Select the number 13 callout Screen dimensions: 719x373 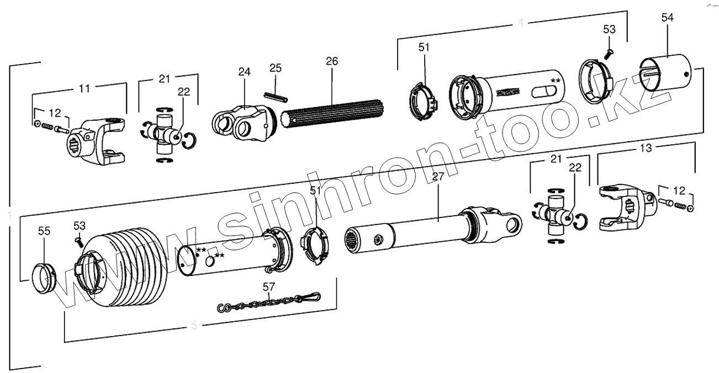pos(646,148)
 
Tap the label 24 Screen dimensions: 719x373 pos(244,72)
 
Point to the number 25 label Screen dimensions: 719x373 pos(276,68)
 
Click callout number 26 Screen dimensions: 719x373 pos(331,61)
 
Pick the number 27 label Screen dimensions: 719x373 pos(438,177)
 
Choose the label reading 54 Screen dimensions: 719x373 pos(667,18)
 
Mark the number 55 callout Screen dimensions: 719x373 pos(44,231)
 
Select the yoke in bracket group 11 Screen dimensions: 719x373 pos(100,141)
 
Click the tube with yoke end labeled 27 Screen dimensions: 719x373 pos(431,228)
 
